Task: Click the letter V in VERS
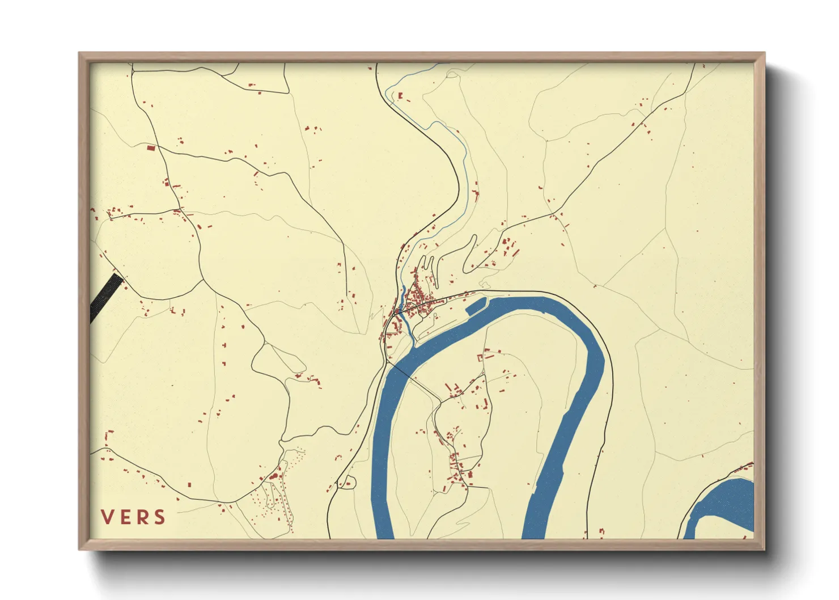(107, 517)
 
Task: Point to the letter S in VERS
(160, 517)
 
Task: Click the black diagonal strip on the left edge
(106, 296)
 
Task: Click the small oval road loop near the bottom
(346, 483)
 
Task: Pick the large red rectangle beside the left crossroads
(151, 148)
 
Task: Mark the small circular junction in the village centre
(397, 311)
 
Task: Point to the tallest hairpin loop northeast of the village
(470, 252)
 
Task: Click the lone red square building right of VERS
(189, 485)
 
